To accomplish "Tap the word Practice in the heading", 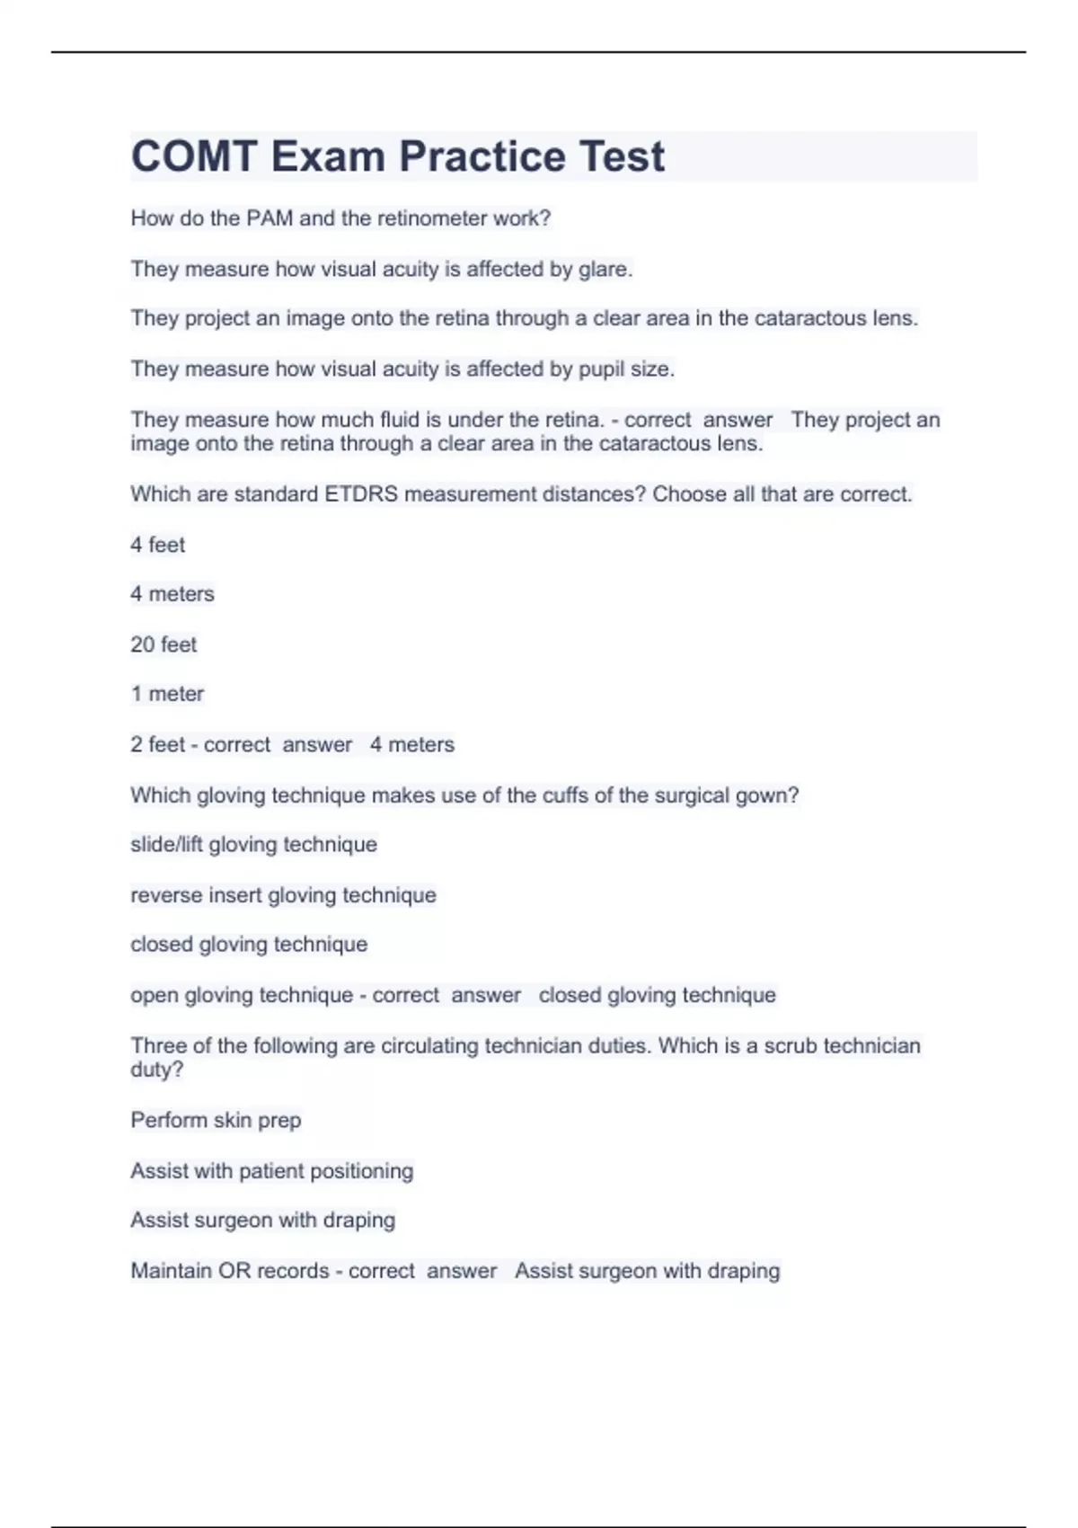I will tap(482, 156).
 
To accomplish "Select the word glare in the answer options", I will tap(605, 269).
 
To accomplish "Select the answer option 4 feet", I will tap(158, 545).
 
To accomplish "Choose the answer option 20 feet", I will tap(163, 644).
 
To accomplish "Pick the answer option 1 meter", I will tap(167, 694).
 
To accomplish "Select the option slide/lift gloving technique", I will tap(253, 845).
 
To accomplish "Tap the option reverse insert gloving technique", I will tap(283, 895).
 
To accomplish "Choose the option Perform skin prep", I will tap(216, 1120).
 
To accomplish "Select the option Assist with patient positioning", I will tap(272, 1171).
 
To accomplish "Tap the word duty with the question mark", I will tap(156, 1070).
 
